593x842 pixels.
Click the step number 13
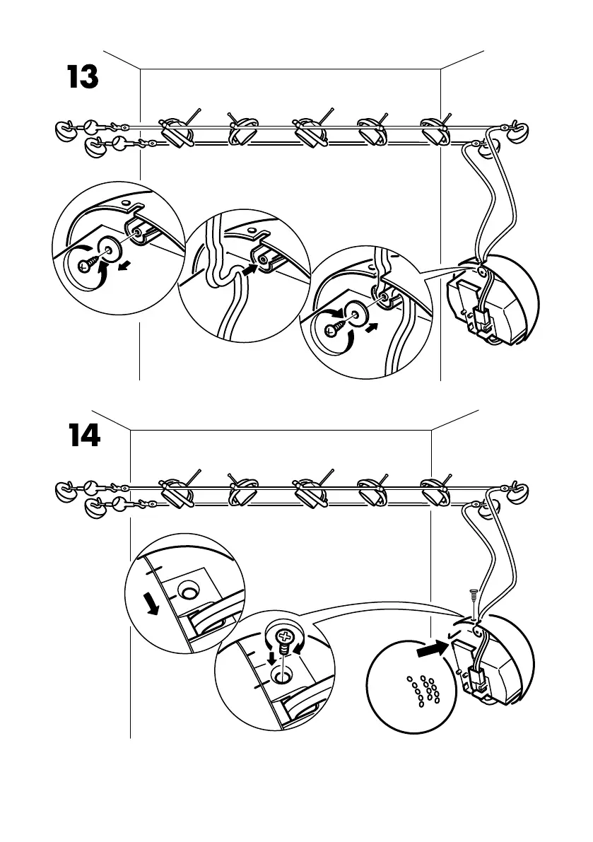point(82,77)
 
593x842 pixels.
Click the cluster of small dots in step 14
point(425,690)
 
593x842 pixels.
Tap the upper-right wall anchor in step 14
point(519,489)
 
